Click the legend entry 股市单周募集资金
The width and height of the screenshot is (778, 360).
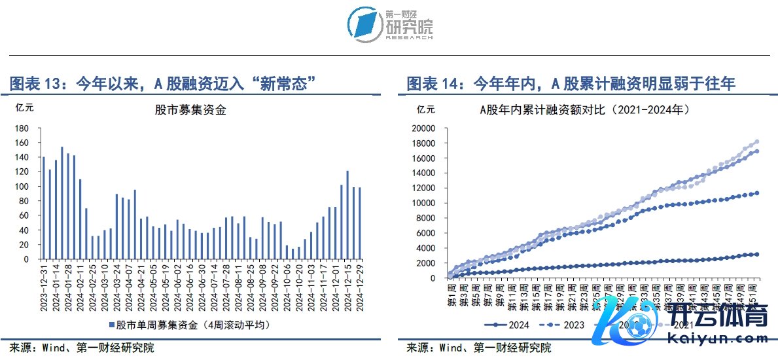189,325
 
